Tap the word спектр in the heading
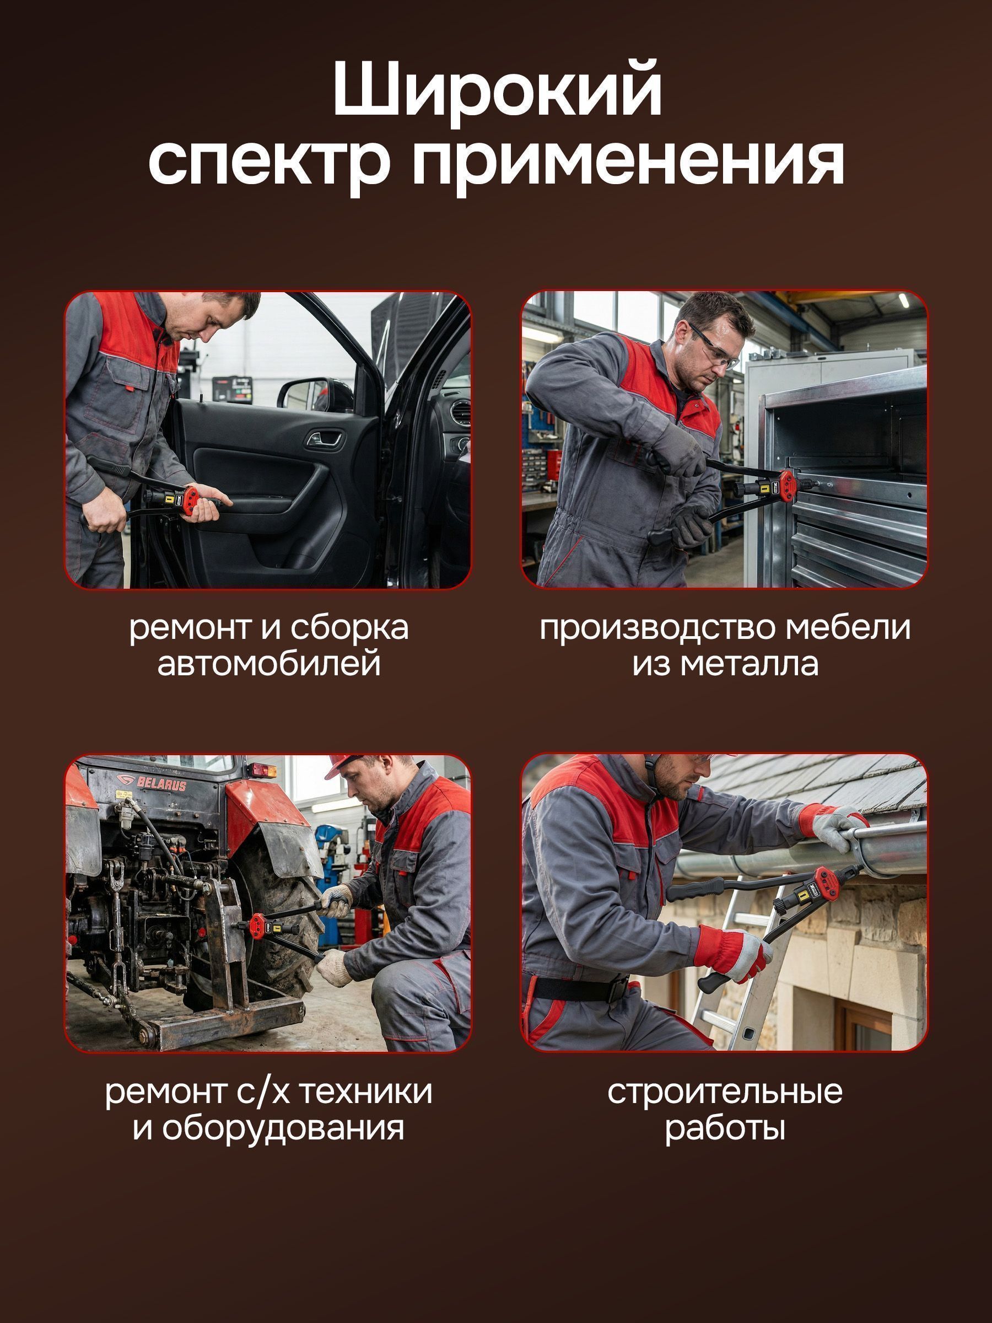269,164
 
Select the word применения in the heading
628,164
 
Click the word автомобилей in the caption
269,664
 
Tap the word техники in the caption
365,1091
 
